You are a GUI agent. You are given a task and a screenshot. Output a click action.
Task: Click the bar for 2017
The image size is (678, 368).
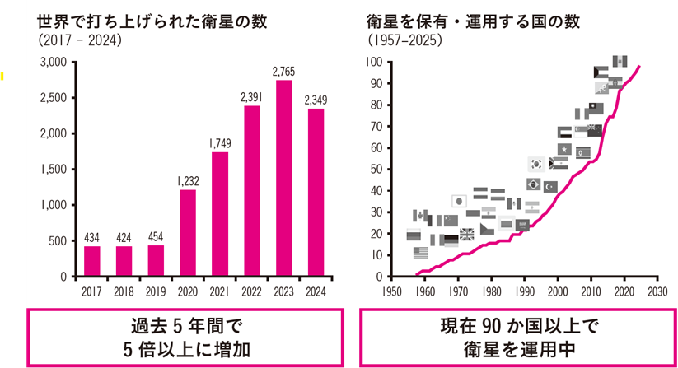(92, 261)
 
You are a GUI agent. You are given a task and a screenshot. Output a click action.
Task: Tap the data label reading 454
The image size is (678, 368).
(156, 237)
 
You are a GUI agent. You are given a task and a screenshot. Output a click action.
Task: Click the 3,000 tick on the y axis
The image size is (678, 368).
(52, 63)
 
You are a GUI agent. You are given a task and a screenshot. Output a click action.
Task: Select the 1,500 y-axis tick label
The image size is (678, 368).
(52, 170)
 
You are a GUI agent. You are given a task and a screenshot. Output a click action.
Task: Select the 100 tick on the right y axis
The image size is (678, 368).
(374, 63)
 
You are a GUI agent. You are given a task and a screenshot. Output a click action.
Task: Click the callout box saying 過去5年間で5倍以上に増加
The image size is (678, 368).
(186, 337)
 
